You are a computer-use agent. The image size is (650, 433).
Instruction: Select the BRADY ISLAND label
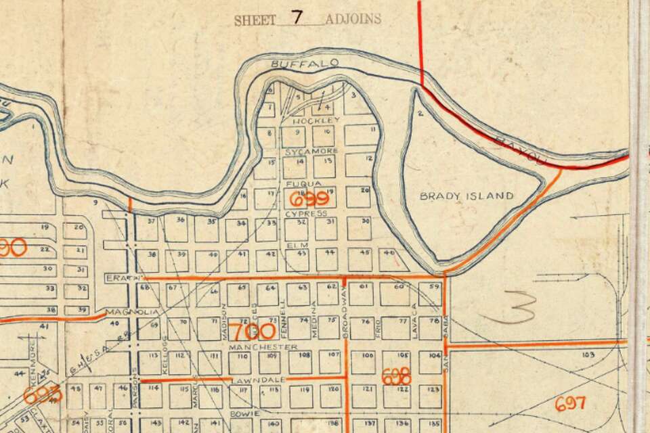click(x=467, y=196)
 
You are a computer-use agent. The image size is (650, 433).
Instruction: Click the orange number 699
click(x=309, y=198)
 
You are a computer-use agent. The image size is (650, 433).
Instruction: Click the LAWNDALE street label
click(x=251, y=382)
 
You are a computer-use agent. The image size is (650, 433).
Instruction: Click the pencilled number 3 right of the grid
click(x=515, y=309)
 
